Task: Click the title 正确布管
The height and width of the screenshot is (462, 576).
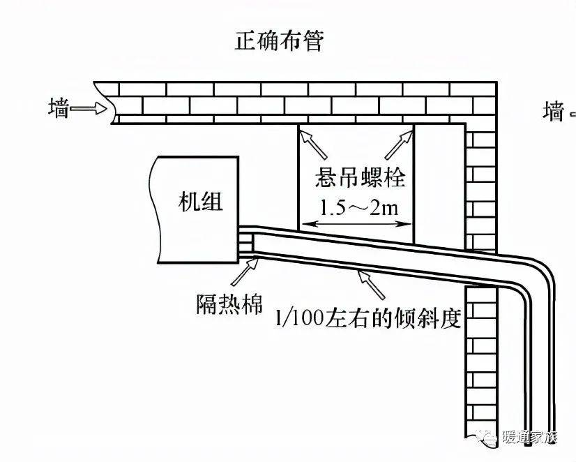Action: (279, 41)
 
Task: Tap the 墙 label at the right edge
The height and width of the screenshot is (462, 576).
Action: (554, 111)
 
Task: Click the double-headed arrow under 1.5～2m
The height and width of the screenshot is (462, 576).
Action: (356, 224)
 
